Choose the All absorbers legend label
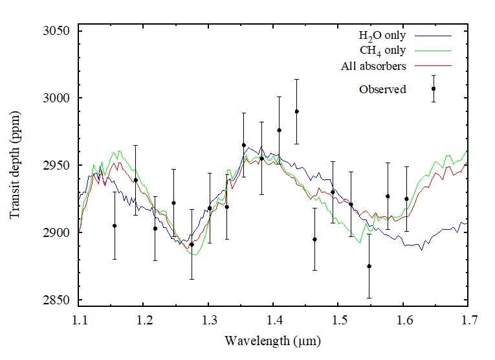click(373, 66)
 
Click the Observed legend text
click(382, 89)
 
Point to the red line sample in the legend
click(434, 66)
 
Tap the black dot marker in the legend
click(434, 89)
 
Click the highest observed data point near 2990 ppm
click(296, 111)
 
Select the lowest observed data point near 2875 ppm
click(369, 266)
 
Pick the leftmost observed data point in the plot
click(115, 225)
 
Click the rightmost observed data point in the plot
click(406, 199)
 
